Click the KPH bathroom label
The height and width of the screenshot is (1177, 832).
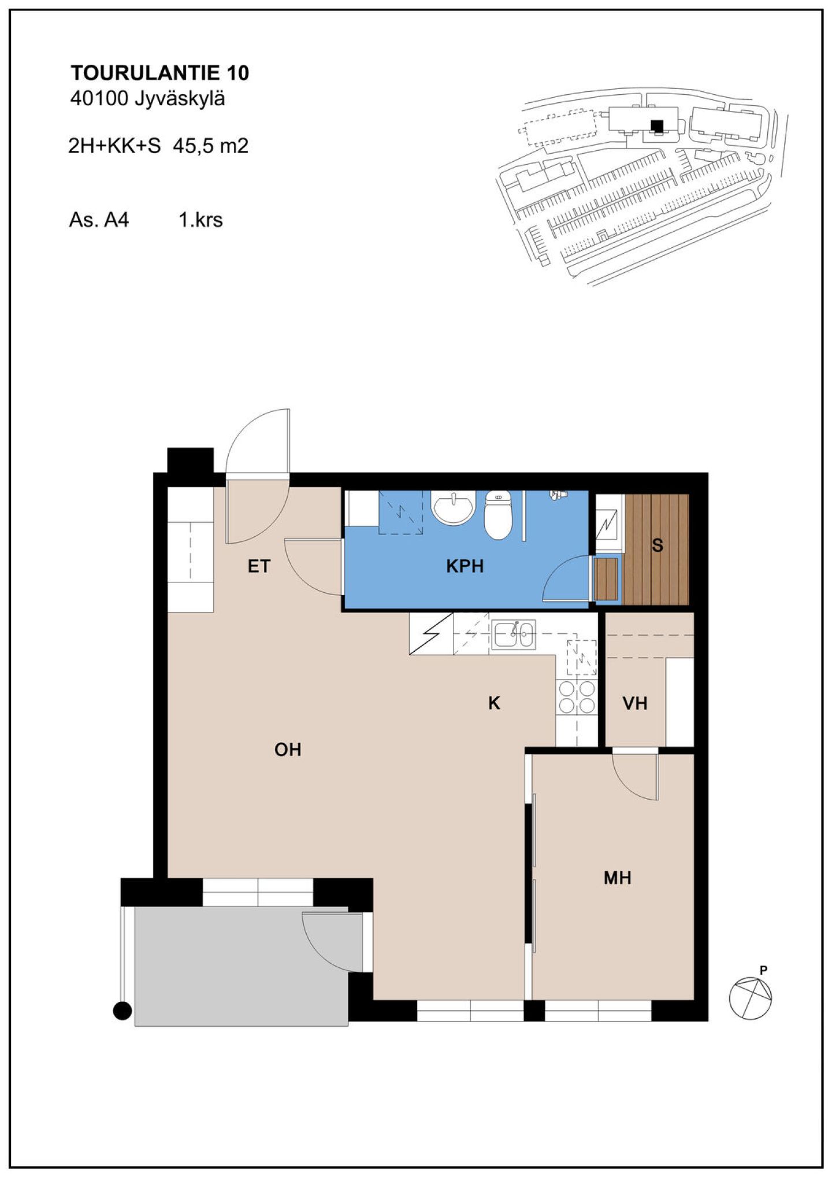[465, 566]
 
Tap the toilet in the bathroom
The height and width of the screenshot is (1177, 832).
[498, 514]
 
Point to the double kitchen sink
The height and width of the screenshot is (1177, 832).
[514, 634]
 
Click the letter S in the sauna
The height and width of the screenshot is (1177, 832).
[657, 545]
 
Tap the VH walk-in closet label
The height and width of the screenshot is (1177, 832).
[634, 703]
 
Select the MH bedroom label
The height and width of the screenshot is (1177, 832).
[617, 878]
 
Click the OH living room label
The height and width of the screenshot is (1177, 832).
[288, 749]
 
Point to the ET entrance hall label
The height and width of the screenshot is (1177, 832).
[259, 566]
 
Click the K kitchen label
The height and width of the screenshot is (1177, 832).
[494, 703]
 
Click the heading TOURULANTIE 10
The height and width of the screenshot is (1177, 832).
[159, 73]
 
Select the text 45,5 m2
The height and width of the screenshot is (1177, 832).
[210, 146]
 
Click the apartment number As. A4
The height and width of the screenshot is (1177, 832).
[99, 220]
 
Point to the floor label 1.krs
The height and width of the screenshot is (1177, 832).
[200, 220]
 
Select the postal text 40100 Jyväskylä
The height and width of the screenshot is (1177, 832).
[147, 99]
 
